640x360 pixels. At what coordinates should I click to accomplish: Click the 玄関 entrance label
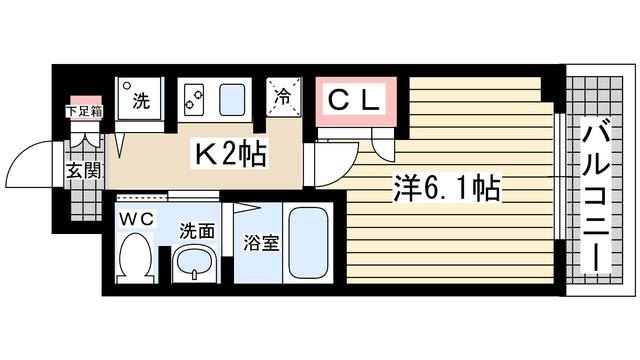(x=81, y=170)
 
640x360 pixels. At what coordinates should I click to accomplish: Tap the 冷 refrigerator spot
(x=283, y=101)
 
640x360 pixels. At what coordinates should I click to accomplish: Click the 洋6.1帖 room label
(x=445, y=186)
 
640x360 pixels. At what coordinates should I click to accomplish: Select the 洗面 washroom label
(x=197, y=230)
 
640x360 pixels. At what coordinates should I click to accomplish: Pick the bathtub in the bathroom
(x=310, y=245)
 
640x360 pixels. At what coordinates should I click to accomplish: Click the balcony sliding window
(x=557, y=190)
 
